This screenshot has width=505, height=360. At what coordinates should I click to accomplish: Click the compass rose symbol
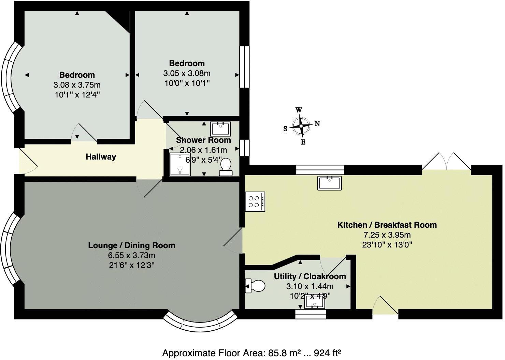click(301, 126)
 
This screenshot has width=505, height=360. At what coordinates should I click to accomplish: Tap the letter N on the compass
click(317, 123)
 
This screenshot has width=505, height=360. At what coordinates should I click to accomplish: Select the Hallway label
click(101, 157)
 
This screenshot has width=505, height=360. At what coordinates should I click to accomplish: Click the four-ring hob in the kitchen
click(255, 201)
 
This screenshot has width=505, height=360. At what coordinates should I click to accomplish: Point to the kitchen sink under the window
click(329, 183)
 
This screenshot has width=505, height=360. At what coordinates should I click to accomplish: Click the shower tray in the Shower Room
click(180, 164)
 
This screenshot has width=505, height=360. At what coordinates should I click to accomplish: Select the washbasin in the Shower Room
click(220, 129)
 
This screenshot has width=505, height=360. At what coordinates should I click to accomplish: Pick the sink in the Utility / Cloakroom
click(315, 302)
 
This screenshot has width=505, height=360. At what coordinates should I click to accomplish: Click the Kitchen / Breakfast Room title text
click(387, 225)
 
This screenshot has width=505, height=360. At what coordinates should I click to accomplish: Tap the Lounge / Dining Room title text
click(131, 245)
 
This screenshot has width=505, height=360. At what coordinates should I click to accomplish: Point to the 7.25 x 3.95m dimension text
click(387, 235)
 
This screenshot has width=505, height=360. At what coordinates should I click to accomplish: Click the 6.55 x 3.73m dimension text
click(131, 255)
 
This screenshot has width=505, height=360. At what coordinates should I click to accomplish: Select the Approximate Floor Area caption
click(252, 352)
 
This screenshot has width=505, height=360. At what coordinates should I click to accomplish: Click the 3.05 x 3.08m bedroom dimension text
click(187, 73)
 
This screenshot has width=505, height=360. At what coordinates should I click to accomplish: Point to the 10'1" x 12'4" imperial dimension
click(77, 94)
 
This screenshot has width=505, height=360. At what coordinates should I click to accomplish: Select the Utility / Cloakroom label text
click(310, 276)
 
